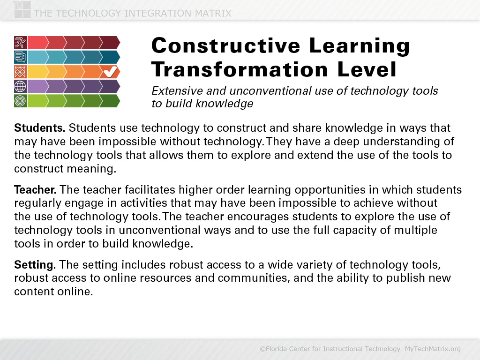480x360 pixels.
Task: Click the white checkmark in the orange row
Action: [110, 72]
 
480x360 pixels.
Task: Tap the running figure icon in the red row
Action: [21, 43]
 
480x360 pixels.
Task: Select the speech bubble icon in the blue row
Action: [21, 57]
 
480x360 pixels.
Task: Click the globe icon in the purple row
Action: [21, 86]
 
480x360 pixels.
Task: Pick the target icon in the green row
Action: [21, 101]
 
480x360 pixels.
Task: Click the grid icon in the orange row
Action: [21, 72]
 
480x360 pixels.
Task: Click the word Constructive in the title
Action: [226, 45]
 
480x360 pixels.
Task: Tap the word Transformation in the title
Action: [240, 69]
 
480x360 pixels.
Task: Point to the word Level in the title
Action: [367, 69]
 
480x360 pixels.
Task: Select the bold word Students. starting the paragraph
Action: [39, 127]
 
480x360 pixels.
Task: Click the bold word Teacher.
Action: [35, 190]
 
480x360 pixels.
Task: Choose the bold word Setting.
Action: [35, 265]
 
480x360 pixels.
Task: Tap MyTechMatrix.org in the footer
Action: [433, 349]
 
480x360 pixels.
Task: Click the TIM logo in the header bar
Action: [22, 10]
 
